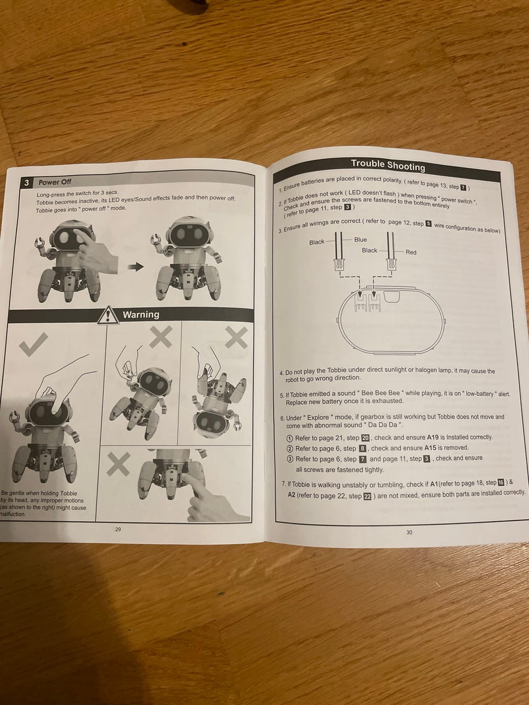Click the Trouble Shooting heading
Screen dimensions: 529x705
tap(388, 165)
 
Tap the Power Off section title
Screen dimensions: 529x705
tap(55, 182)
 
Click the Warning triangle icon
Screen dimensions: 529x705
tap(109, 314)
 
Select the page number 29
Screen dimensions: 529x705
tap(118, 529)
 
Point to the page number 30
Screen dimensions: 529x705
tap(409, 532)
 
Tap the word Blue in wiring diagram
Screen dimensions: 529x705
tap(360, 240)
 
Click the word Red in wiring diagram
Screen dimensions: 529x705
tap(411, 252)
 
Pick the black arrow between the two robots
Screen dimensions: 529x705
tap(135, 267)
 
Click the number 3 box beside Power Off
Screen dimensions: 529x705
tap(26, 183)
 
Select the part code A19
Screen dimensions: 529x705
tap(433, 437)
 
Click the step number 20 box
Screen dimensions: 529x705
tap(365, 438)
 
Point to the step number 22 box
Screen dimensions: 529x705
tap(367, 496)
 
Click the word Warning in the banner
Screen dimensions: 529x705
tap(141, 314)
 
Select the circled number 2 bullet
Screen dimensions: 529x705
tap(290, 449)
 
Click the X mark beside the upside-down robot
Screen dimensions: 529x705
tap(236, 338)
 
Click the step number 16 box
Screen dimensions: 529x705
tap(500, 482)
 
